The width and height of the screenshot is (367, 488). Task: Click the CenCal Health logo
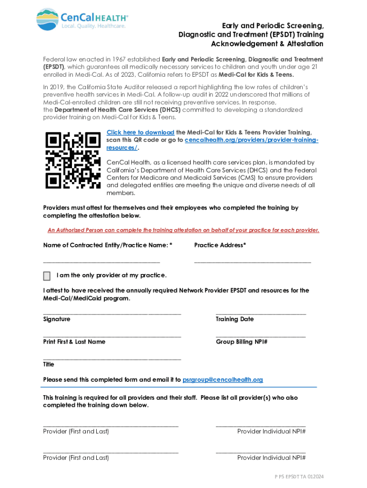tap(82, 19)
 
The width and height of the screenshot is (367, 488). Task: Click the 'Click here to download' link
tap(140, 132)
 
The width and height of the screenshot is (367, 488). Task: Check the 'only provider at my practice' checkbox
tap(47, 276)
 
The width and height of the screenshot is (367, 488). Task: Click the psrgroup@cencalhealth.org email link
tap(223, 380)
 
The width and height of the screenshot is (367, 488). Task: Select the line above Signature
tap(112, 313)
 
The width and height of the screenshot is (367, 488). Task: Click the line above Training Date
tap(261, 313)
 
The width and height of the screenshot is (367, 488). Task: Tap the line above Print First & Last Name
tap(112, 336)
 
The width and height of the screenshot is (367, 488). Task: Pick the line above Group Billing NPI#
tap(261, 336)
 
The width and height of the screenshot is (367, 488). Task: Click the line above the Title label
tap(112, 358)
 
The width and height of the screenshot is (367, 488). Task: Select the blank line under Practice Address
tap(253, 262)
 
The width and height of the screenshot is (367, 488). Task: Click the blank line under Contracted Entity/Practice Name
tap(102, 262)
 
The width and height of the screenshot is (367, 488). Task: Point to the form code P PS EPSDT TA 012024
tap(299, 477)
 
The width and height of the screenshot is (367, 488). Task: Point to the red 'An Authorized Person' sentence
tap(183, 230)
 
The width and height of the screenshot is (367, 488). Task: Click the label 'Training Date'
tap(234, 319)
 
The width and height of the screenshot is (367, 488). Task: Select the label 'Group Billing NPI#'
tap(242, 342)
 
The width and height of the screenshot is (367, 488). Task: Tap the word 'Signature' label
tap(57, 319)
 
